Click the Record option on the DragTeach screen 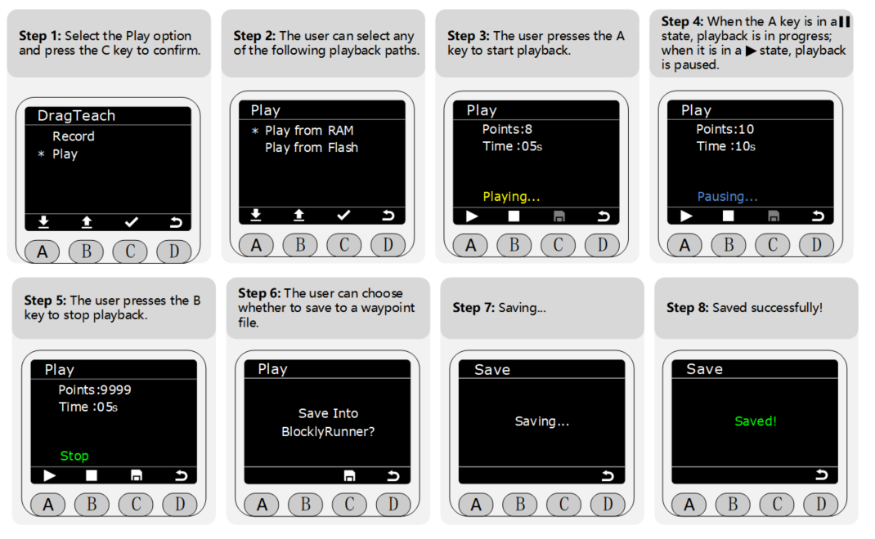[73, 136]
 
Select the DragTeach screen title [76, 115]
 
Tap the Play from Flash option [312, 148]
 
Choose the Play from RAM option [309, 131]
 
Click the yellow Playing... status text [511, 197]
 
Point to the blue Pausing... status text [727, 197]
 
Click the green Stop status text [74, 456]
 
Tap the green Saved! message [756, 421]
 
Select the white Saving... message [542, 421]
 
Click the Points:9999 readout [95, 390]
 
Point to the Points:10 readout [725, 129]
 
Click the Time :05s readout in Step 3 [512, 147]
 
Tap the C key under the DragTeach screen [130, 252]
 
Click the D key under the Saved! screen [821, 505]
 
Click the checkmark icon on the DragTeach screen [132, 222]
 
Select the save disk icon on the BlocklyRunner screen [349, 475]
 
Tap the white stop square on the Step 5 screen [92, 475]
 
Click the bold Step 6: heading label [259, 293]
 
